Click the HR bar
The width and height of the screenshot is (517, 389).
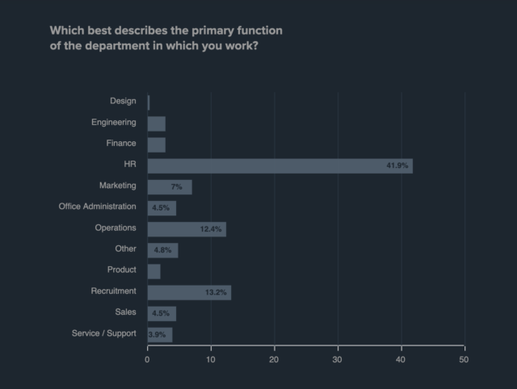(280, 165)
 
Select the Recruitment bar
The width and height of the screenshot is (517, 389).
(189, 291)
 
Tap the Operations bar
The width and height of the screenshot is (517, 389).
(186, 228)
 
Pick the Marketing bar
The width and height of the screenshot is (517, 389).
(169, 186)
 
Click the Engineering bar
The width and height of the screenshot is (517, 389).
(156, 123)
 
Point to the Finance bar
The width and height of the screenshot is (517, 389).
(156, 144)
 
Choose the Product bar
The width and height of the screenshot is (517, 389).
(153, 270)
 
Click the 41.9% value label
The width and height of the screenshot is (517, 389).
(397, 165)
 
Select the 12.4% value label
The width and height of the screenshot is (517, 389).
(211, 229)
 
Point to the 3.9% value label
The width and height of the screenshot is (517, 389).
(158, 334)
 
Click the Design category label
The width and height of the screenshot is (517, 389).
(123, 101)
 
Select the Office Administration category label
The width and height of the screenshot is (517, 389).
(98, 206)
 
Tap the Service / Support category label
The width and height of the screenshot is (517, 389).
(104, 333)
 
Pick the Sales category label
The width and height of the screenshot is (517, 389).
(126, 312)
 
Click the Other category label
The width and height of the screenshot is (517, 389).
(125, 249)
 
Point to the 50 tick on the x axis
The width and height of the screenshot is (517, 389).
(464, 358)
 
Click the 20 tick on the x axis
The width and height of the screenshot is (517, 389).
(274, 358)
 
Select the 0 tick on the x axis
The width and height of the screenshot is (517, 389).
(147, 358)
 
